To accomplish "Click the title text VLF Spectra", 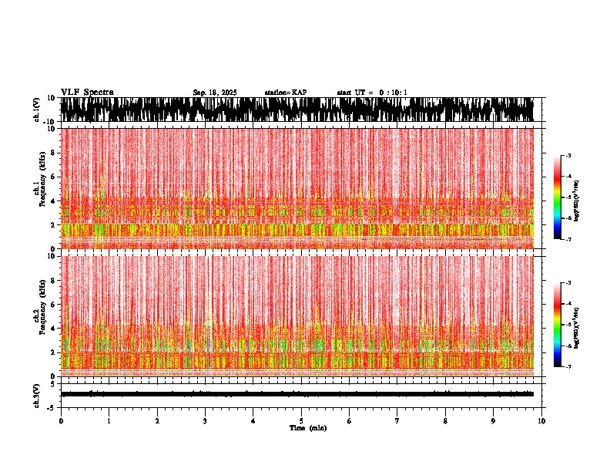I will pos(87,93).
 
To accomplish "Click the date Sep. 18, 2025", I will pos(215,93).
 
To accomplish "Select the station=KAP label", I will pos(285,93).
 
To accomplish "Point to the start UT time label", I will pos(372,93).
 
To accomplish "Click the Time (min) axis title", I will pos(307,428).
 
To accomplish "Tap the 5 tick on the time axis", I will pos(301,421).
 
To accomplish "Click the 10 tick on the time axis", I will pos(542,421).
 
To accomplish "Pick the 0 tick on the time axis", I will pos(61,421).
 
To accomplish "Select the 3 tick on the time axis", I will pos(205,421).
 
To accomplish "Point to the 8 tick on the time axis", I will pos(445,421).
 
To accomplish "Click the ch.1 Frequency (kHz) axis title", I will pos(39,189).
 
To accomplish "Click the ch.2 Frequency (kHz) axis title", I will pos(39,315).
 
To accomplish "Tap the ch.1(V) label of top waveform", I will pos(36,110).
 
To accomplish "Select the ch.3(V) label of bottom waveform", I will pos(36,394).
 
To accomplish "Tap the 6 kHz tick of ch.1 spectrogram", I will pos(54,177).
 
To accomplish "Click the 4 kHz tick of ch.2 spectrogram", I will pos(54,328).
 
